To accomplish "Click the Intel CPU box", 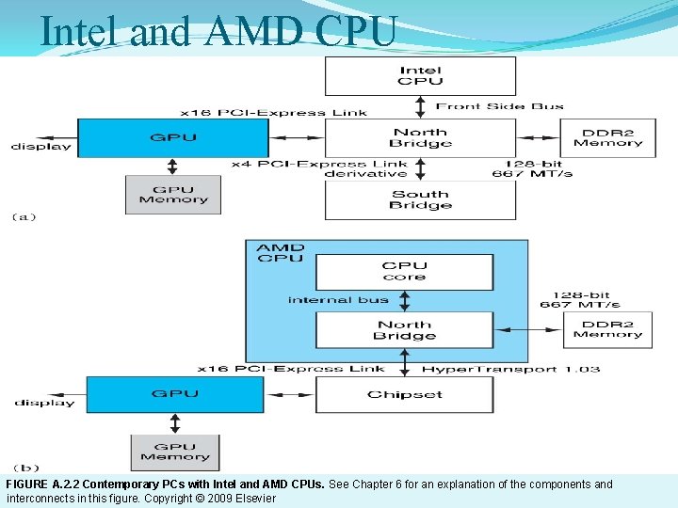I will point(420,75).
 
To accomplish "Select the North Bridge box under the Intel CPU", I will point(420,137).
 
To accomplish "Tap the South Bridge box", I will point(420,199).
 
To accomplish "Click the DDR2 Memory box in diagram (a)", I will point(607,137).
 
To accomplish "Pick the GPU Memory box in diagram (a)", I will point(172,195).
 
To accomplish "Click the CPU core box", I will point(404,271).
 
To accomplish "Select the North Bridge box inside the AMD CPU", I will point(404,329).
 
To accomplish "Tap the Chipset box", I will point(404,394).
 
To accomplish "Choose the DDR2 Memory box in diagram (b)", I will point(607,328).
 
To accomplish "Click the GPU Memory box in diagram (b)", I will point(175,452).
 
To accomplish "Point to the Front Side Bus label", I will point(500,106).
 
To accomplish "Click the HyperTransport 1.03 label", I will point(511,369).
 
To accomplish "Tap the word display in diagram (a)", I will point(41,146).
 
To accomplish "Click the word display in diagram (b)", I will point(44,403).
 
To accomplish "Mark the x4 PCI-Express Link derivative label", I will point(320,168).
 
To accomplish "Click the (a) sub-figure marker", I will point(24,217).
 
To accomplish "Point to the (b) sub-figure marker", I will point(25,468).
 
